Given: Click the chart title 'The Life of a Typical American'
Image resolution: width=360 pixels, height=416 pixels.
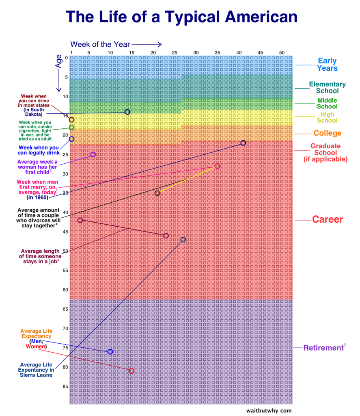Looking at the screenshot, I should tap(181, 17).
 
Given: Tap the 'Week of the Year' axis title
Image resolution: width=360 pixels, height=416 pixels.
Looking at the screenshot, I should tap(100, 44).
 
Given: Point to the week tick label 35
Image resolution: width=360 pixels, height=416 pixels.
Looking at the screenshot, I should tap(217, 52).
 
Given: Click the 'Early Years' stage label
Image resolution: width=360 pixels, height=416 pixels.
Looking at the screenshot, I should tap(327, 64).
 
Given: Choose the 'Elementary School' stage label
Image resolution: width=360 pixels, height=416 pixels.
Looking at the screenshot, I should tap(327, 87).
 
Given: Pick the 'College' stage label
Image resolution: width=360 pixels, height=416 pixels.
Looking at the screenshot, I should tap(327, 133).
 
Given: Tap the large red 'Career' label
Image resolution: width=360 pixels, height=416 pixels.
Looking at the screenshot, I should tap(327, 220).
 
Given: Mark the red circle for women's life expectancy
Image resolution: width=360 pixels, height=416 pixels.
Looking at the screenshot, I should tap(131, 371).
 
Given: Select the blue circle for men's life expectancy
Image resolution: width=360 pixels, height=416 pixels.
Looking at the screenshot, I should tap(110, 351).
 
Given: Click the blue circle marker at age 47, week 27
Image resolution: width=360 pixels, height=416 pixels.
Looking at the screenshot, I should tap(183, 240).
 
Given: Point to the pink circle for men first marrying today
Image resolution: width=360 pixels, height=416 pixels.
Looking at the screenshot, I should tap(218, 166).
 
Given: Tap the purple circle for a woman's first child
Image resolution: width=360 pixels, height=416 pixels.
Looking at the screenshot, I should tap(93, 154).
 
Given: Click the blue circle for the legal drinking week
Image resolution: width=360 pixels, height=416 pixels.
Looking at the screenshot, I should tap(71, 139).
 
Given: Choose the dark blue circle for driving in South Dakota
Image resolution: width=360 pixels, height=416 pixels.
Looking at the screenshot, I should tap(127, 112).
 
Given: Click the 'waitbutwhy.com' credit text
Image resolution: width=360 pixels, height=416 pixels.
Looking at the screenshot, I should tap(269, 410).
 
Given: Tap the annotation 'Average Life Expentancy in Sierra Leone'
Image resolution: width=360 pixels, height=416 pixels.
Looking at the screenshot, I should tap(36, 370).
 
